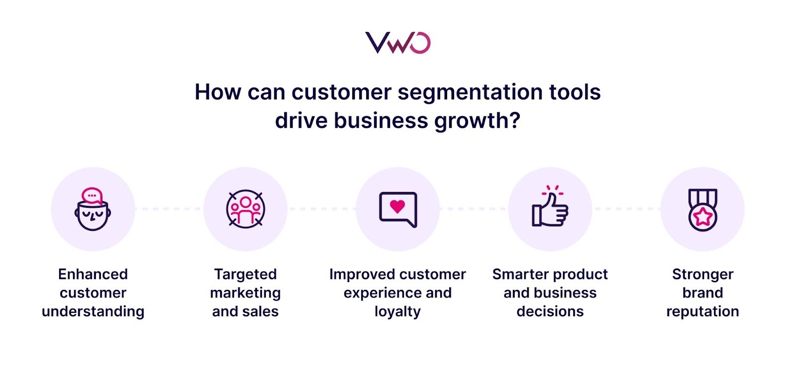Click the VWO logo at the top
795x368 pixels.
click(x=397, y=43)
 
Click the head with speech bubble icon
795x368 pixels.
click(x=93, y=209)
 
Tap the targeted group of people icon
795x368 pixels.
click(x=245, y=209)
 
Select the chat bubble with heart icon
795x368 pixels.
click(x=397, y=209)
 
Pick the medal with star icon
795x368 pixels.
click(x=703, y=209)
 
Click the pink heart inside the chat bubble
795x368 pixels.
click(x=397, y=206)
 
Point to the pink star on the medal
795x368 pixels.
click(x=703, y=217)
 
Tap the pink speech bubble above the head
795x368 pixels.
click(x=92, y=196)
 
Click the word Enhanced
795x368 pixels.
click(x=93, y=274)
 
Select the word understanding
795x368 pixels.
click(x=93, y=311)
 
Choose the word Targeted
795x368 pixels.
click(x=245, y=274)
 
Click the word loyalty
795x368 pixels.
click(x=397, y=311)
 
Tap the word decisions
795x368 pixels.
click(x=550, y=311)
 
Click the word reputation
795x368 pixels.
click(x=703, y=311)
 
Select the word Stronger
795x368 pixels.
click(x=703, y=274)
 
